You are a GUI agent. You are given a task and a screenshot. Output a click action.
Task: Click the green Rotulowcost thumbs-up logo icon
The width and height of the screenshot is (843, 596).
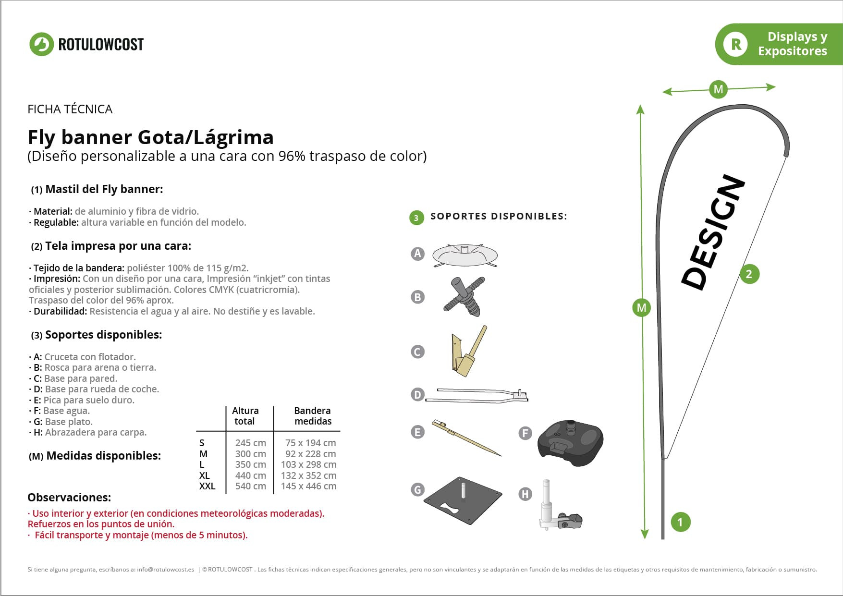(41, 44)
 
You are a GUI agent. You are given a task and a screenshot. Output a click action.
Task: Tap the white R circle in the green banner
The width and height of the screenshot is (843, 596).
(735, 44)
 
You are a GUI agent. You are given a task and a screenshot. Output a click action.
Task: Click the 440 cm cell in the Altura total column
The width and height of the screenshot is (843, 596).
(251, 475)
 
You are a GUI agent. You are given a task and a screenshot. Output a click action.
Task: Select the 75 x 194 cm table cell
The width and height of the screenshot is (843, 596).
(310, 443)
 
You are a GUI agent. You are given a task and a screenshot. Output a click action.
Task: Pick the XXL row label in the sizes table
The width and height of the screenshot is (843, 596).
(207, 486)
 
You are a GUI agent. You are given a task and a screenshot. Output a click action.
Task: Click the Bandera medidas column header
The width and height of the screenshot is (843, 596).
(313, 416)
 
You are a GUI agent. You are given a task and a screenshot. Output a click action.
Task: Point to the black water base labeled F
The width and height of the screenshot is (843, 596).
(570, 442)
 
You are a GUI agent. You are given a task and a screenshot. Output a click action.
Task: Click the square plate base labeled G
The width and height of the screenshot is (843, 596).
(463, 500)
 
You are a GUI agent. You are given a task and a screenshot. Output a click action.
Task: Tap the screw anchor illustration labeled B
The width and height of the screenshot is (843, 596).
(464, 296)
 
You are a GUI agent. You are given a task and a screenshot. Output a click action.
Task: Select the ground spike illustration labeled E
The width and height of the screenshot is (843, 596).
(466, 438)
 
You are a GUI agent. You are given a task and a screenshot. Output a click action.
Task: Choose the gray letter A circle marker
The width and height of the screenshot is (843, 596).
(418, 254)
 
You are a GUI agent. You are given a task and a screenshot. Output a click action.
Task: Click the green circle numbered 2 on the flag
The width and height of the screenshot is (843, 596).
(749, 274)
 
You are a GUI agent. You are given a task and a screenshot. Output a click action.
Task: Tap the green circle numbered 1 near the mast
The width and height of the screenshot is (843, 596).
(680, 522)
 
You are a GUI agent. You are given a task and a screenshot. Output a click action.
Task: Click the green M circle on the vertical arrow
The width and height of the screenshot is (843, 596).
(642, 308)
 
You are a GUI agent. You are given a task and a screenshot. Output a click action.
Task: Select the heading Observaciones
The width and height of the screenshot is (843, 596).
(69, 498)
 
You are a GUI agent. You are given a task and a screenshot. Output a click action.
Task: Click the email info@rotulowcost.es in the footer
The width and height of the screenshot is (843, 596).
(166, 570)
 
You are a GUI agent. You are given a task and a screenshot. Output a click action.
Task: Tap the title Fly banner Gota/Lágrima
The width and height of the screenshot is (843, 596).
(151, 137)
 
